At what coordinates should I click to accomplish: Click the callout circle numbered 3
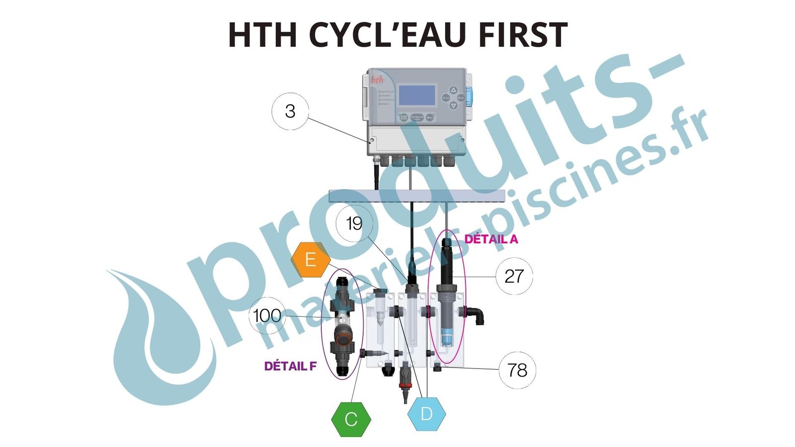point(290,111)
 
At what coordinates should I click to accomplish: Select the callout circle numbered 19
point(354,224)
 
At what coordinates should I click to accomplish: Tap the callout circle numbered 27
point(514,276)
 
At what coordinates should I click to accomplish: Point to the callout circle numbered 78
point(517,370)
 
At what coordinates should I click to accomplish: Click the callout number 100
point(267,315)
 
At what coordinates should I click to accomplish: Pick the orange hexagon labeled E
point(311,259)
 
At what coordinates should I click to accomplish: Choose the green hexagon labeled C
point(351,419)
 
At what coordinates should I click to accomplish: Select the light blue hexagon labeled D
point(426,414)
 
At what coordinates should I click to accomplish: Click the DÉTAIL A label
point(491,239)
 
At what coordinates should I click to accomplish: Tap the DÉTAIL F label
point(290,367)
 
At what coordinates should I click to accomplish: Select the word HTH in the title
point(262,35)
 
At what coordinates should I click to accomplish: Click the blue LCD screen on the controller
point(417,95)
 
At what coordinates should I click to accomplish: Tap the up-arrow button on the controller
point(453,90)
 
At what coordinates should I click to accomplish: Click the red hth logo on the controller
point(378,79)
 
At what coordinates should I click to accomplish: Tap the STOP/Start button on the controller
point(403,117)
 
